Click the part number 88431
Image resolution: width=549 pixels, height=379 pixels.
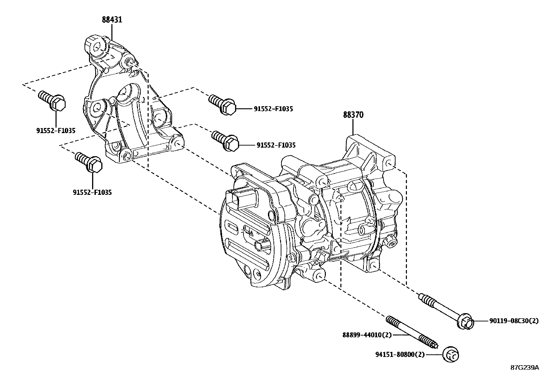pyautogui.click(x=112, y=20)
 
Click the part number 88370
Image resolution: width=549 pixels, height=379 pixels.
pyautogui.click(x=353, y=115)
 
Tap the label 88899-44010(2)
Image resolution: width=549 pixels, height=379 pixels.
pyautogui.click(x=367, y=335)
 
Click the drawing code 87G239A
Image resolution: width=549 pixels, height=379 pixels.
pyautogui.click(x=524, y=368)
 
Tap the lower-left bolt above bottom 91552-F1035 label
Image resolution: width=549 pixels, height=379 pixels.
pyautogui.click(x=90, y=162)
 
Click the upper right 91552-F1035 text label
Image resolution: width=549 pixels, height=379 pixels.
pyautogui.click(x=273, y=109)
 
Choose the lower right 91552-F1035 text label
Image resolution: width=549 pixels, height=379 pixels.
pyautogui.click(x=276, y=146)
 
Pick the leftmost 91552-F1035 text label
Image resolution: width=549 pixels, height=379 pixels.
pyautogui.click(x=56, y=131)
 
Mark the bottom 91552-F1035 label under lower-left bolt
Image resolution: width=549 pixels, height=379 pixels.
pyautogui.click(x=92, y=192)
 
